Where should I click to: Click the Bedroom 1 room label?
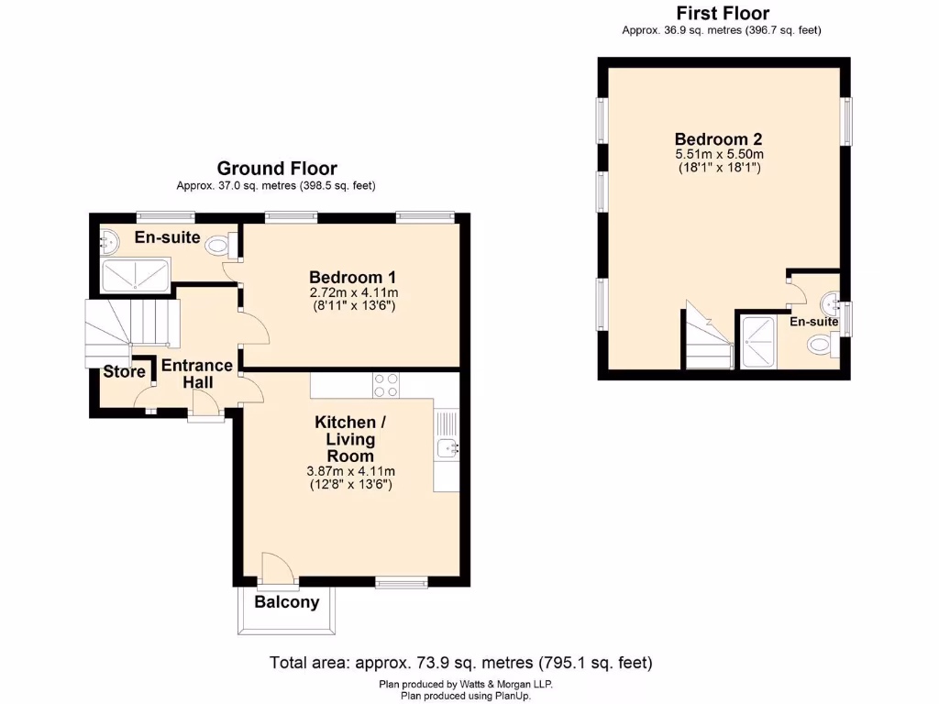352,277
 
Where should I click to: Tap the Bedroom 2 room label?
719,139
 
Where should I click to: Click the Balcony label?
286,602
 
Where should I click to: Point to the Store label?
124,372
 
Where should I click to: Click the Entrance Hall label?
197,374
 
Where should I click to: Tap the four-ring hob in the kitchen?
385,385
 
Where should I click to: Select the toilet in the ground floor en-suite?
218,245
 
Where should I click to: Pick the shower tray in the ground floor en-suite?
135,273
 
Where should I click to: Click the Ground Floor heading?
276,169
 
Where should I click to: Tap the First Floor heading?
722,13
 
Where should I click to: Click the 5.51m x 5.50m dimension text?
719,154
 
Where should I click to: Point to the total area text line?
460,662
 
